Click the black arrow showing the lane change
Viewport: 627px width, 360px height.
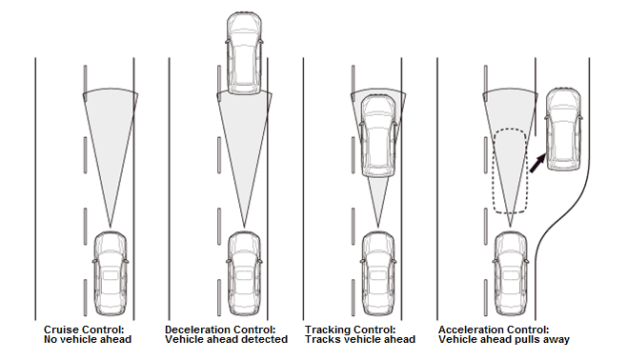click(x=537, y=163)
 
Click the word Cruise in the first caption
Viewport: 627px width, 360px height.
click(x=61, y=330)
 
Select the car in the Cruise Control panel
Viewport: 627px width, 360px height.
click(x=111, y=273)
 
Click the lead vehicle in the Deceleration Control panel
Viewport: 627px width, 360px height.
click(x=244, y=53)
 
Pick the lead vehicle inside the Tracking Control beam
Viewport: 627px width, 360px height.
click(x=378, y=136)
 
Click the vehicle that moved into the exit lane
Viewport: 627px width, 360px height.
click(x=564, y=130)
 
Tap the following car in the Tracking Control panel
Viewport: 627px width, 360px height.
click(x=378, y=273)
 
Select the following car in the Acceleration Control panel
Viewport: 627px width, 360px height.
click(x=511, y=273)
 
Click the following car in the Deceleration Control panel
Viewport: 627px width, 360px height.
click(x=244, y=273)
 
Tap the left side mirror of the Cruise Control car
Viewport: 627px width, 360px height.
click(x=94, y=261)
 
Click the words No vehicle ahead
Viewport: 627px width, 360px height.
click(x=88, y=339)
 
